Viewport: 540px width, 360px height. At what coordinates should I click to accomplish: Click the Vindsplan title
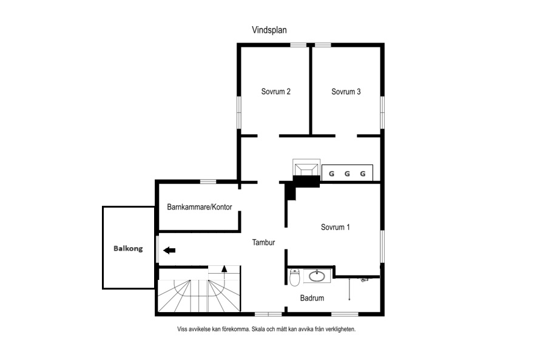coord(269,30)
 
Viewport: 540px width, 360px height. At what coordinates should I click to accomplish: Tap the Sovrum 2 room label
coord(276,92)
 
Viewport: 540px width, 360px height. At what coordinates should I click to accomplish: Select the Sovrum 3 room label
coord(346,92)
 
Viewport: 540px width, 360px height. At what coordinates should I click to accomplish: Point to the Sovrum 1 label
coord(335,227)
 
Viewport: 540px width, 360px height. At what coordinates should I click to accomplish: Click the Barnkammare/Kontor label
coord(200,207)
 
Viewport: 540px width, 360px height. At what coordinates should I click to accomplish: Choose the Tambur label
coord(263,242)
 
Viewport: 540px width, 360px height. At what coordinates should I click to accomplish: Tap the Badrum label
coord(312,298)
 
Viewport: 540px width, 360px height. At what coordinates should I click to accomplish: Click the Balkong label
coord(128,248)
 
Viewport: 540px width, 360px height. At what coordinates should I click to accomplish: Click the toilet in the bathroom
coord(294,277)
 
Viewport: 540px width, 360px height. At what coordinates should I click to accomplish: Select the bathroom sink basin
coord(317,276)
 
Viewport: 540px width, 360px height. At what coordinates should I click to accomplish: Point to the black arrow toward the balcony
coord(169,251)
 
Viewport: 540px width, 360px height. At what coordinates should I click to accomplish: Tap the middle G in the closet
coord(347,174)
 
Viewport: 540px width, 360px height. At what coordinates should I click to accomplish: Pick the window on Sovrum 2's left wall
coord(238,113)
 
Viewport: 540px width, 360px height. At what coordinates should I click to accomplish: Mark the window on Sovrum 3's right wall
coord(382,113)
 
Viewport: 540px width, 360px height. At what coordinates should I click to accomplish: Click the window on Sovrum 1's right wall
coord(382,246)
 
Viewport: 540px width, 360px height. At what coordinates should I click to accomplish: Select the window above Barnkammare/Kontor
coord(208,182)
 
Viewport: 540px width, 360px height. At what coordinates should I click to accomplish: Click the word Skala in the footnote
coord(258,329)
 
